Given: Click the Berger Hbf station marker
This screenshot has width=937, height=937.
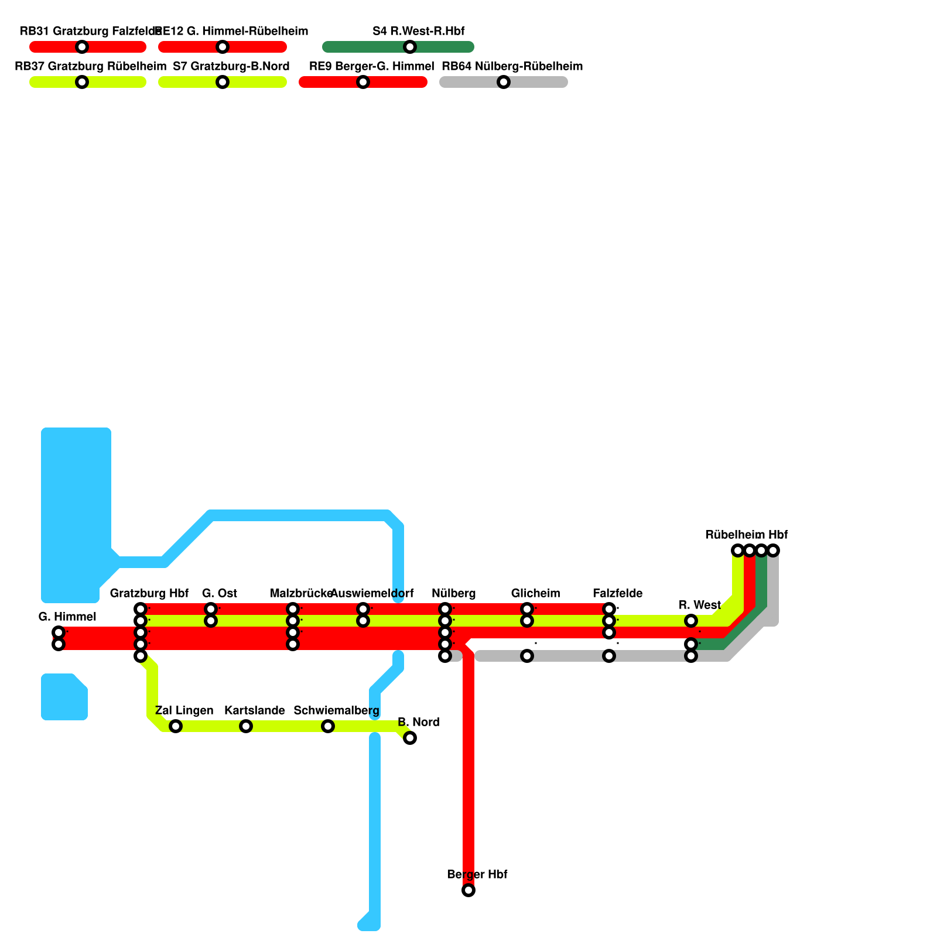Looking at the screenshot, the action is pos(468,890).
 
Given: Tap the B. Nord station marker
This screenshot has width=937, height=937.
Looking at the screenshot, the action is pos(410,738).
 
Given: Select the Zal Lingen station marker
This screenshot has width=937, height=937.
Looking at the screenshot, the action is pos(176,726).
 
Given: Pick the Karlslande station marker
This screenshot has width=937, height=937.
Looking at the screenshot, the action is pos(246,726).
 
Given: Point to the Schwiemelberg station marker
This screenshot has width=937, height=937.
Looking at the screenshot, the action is pos(328,726).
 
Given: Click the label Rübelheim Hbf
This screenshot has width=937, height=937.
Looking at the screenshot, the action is pos(746,535).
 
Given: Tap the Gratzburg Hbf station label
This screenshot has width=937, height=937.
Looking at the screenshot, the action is pos(149,593).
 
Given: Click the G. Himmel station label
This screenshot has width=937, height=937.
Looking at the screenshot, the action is pos(67,617).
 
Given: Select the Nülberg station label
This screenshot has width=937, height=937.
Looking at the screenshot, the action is pos(453,593).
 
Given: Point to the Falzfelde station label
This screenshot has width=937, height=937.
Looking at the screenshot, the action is pos(617,593).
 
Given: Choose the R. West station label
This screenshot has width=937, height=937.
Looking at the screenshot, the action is pos(699,605).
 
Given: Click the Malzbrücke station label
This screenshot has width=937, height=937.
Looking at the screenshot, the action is pos(301,593).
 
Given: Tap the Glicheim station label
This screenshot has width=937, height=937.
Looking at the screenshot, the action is pos(535,593).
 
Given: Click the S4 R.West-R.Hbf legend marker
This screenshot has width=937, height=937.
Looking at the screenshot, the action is pos(410,47).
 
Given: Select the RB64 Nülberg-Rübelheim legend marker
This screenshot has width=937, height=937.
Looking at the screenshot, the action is pos(504,82).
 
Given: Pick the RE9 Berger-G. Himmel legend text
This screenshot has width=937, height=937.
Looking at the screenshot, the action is pos(371,66).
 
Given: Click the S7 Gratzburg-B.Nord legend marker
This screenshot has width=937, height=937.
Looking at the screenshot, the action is pos(223,82).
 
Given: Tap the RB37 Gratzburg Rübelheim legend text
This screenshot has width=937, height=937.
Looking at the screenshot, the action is pos(90,66).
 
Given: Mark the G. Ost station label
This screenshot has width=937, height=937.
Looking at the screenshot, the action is pos(219,593).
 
